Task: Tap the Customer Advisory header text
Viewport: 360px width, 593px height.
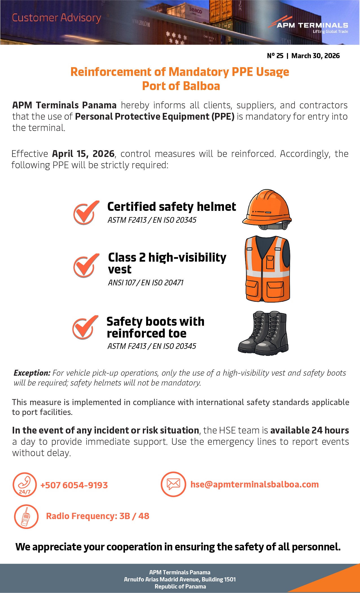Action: point(56,18)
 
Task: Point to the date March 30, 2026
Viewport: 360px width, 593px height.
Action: point(315,56)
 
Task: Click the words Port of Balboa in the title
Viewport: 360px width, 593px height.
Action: point(181,86)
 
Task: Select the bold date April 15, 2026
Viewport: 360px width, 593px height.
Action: point(83,154)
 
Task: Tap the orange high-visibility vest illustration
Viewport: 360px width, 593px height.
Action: point(267,269)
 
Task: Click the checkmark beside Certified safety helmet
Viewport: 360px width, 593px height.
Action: point(86,213)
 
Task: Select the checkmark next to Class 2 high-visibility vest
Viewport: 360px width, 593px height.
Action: point(86,265)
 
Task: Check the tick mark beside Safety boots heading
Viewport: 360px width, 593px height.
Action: point(85,327)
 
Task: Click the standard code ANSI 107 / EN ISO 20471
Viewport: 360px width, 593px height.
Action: point(146,283)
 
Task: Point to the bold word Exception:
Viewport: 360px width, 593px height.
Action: point(32,373)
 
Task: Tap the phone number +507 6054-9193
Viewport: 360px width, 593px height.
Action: point(74,485)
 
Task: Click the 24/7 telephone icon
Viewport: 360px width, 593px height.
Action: point(25,485)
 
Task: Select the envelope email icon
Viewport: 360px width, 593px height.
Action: point(173,484)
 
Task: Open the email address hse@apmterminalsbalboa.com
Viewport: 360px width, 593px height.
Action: point(254,484)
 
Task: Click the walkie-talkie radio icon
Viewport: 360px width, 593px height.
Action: point(26,517)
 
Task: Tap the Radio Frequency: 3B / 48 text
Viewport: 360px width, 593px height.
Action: point(98,516)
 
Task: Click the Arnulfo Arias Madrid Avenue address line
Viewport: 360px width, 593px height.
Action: point(180,579)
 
